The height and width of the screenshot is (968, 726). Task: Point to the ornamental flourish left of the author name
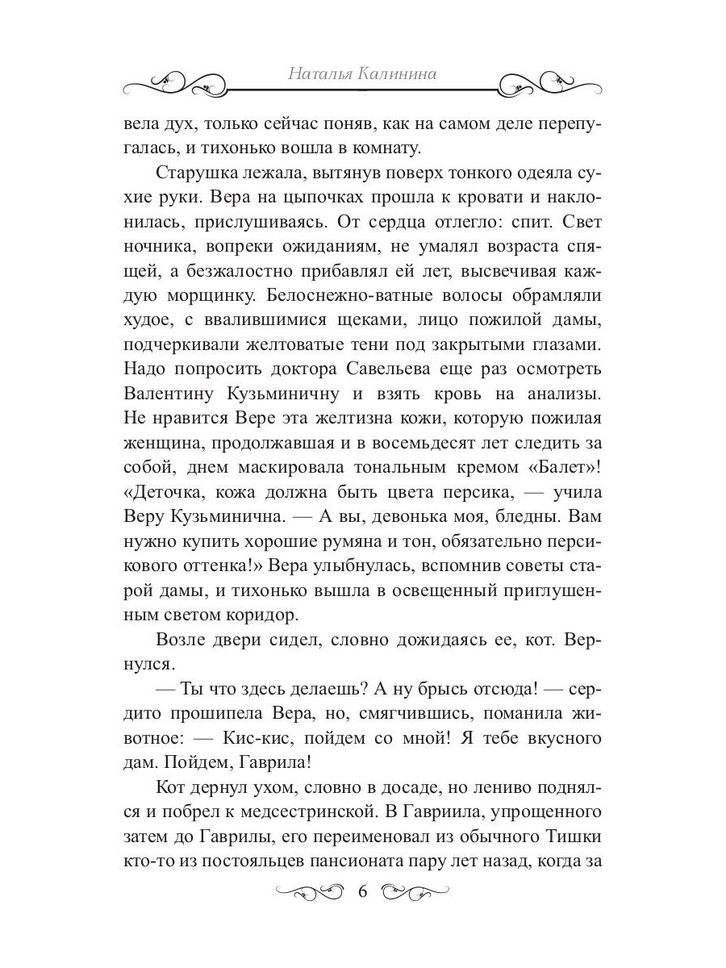194,80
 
